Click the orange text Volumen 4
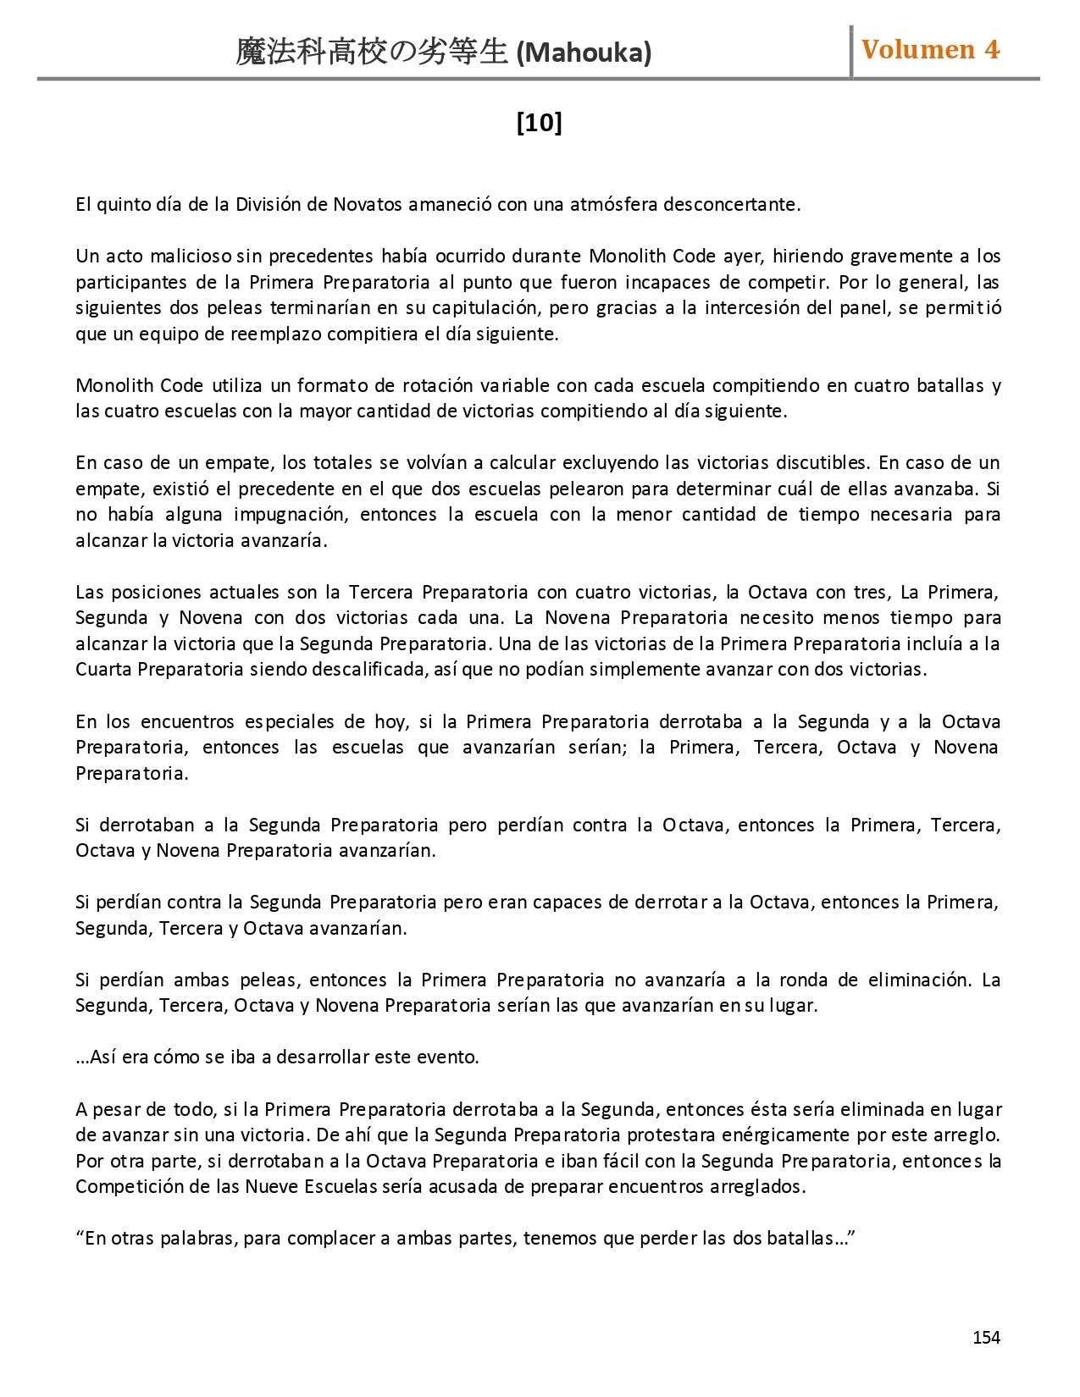930,49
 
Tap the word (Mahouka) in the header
584,53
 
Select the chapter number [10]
539,123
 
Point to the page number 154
986,1337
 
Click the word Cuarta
103,669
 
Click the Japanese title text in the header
373,52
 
